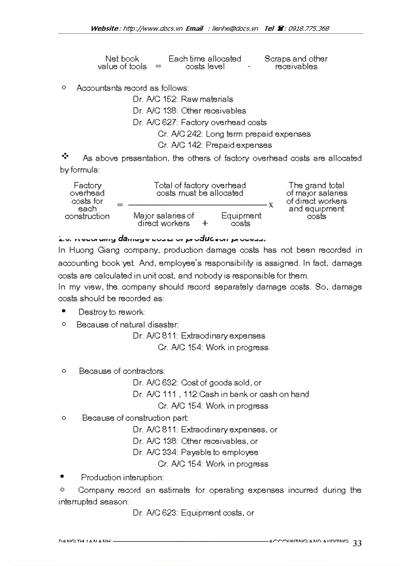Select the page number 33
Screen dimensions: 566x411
tap(357, 543)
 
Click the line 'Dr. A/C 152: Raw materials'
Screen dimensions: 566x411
tap(183, 99)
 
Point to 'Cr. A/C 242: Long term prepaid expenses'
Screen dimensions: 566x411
tap(234, 134)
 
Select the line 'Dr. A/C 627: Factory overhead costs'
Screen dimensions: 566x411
tap(199, 122)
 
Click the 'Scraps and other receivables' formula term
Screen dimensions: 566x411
tap(296, 62)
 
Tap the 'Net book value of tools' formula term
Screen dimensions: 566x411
tap(122, 62)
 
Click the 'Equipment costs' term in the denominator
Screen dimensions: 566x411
tap(241, 219)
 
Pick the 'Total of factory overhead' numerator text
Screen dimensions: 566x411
tap(199, 185)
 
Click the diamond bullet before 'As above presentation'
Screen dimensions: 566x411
tap(64, 157)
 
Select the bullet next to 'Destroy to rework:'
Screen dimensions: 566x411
tap(63, 311)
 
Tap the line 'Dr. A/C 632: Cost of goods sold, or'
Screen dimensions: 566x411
tap(197, 383)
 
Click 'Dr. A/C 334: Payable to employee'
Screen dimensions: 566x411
tap(195, 453)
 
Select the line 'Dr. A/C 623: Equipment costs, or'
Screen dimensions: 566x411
tap(193, 513)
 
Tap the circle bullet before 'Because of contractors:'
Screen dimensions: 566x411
tap(63, 370)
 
